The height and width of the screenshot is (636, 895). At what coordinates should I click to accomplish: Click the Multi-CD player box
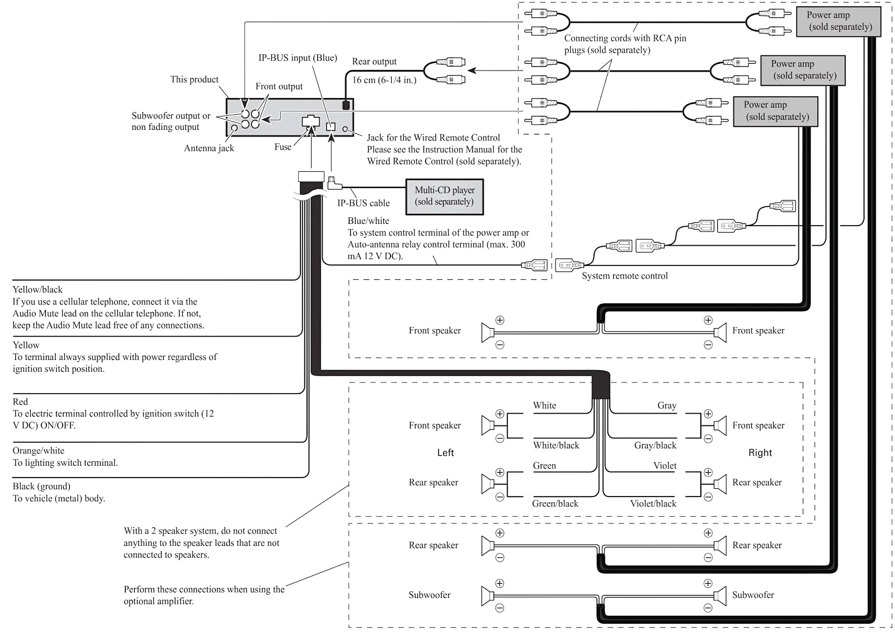click(x=444, y=197)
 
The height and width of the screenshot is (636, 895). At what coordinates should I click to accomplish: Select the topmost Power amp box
click(x=838, y=21)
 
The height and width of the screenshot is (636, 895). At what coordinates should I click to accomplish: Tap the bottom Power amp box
click(x=775, y=111)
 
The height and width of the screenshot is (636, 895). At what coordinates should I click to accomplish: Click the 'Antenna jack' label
click(x=209, y=148)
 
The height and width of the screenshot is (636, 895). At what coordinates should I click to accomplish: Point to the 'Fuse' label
click(x=282, y=147)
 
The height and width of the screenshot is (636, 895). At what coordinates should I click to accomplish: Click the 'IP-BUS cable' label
click(x=363, y=203)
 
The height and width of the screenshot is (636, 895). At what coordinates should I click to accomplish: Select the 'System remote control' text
click(x=624, y=276)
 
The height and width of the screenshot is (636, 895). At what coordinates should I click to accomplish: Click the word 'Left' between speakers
click(x=445, y=453)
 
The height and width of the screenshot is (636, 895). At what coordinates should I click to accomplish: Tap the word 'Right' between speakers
click(x=760, y=453)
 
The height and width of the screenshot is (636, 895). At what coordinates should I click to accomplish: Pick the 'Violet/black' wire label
click(x=653, y=504)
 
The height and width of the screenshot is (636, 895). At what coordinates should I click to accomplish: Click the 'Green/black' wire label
click(x=555, y=504)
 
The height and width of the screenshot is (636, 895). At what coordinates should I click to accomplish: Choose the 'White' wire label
click(x=544, y=405)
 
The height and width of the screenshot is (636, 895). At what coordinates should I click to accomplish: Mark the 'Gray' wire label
click(x=666, y=405)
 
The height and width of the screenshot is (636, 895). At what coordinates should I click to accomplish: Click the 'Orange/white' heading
click(x=39, y=451)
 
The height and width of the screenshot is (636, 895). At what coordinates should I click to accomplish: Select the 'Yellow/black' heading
click(x=37, y=289)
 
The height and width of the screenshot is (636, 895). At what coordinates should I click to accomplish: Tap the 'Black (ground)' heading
click(x=41, y=487)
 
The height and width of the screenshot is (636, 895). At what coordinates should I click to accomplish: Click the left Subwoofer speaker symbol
click(x=487, y=596)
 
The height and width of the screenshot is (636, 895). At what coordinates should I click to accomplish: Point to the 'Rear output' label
click(x=374, y=62)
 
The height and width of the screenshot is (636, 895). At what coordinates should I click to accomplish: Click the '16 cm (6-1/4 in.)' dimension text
click(x=384, y=80)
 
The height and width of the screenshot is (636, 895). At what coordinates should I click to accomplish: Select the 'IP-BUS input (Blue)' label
click(x=297, y=58)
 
